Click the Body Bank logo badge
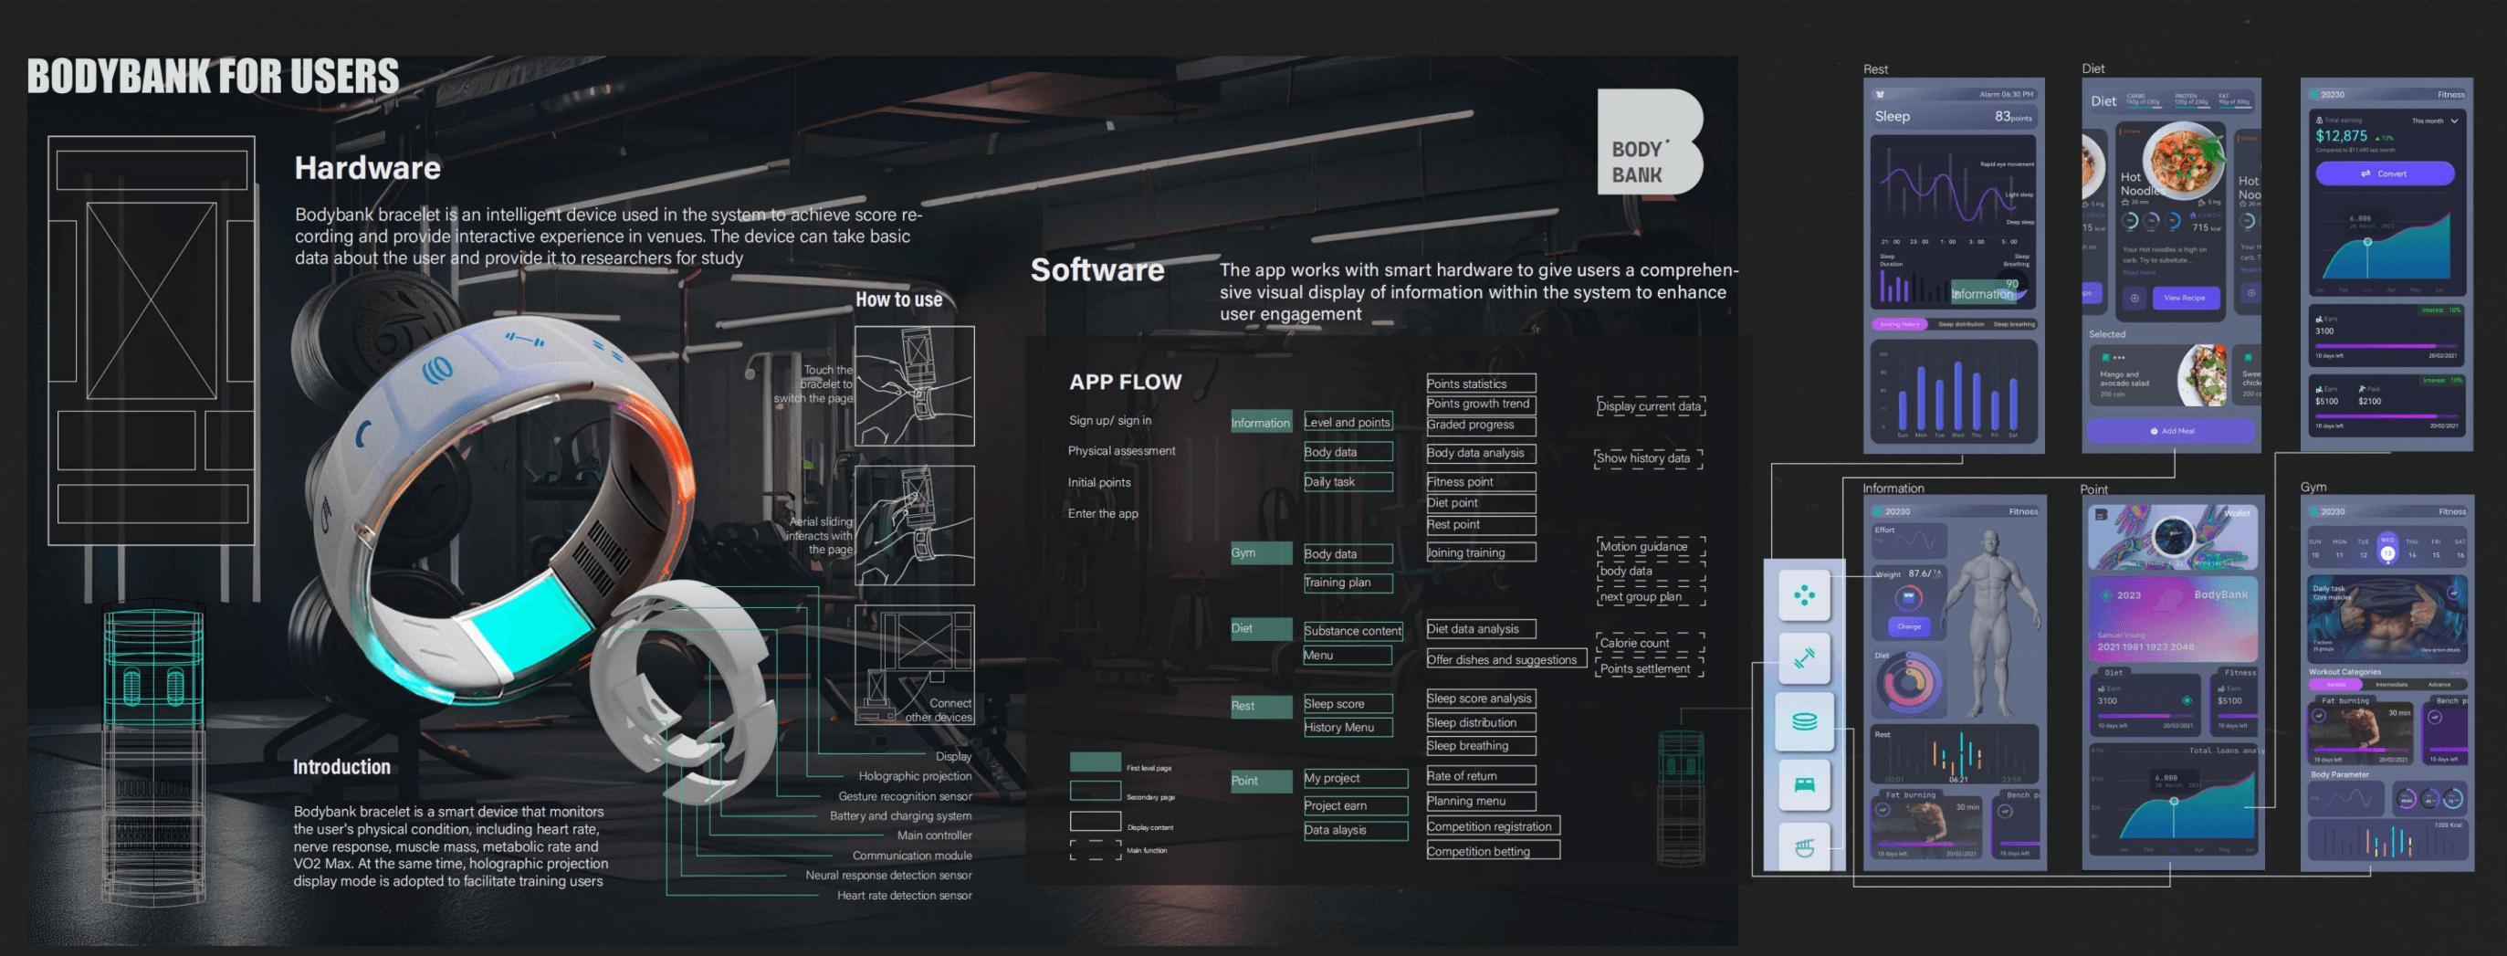pyautogui.click(x=1649, y=142)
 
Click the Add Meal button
pyautogui.click(x=2169, y=430)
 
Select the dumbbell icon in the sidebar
pyautogui.click(x=1803, y=658)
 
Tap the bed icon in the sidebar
pyautogui.click(x=1803, y=784)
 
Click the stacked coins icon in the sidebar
pyautogui.click(x=1803, y=721)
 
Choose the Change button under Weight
pyautogui.click(x=1908, y=626)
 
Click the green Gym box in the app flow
pyautogui.click(x=1260, y=553)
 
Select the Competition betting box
pyautogui.click(x=1492, y=851)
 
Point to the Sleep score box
pyautogui.click(x=1347, y=704)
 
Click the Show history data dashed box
pyautogui.click(x=1648, y=458)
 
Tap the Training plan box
pyautogui.click(x=1347, y=583)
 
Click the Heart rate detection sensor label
pyautogui.click(x=904, y=896)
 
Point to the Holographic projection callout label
pyautogui.click(x=914, y=776)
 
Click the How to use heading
pyautogui.click(x=898, y=299)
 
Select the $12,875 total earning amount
pyautogui.click(x=2341, y=136)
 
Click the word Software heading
pyautogui.click(x=1096, y=269)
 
